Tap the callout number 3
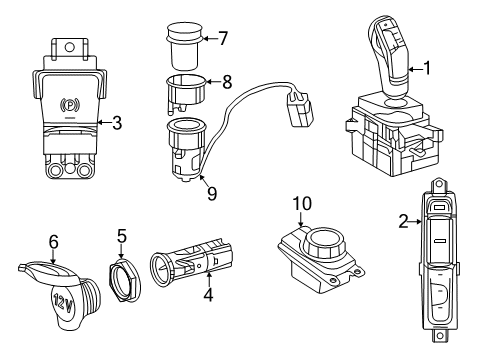[117, 124]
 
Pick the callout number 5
[121, 236]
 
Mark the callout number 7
[223, 39]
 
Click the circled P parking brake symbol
[71, 103]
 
